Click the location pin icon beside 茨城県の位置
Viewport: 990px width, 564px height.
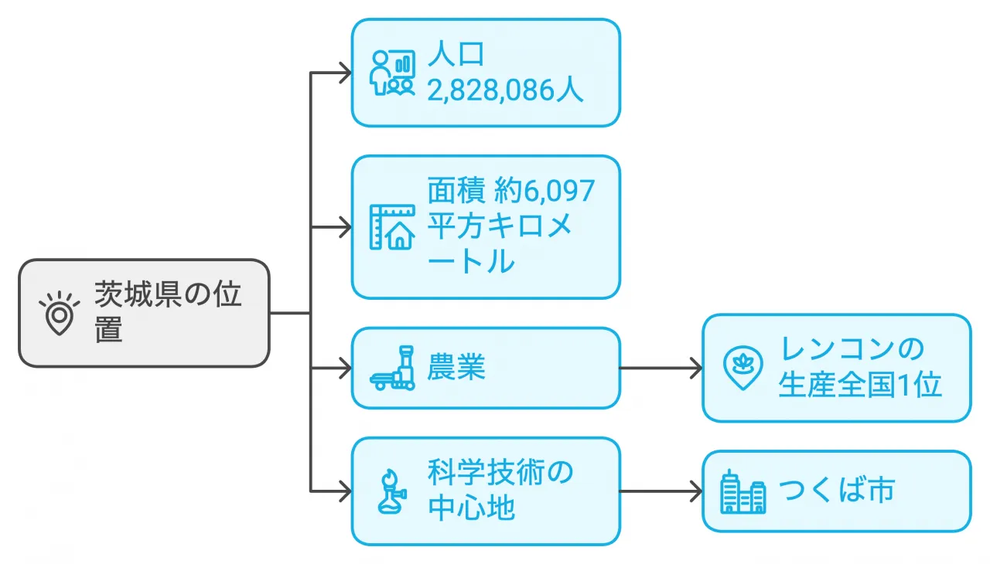60,313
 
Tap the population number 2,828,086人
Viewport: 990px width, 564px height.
505,90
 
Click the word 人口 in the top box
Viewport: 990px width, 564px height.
456,56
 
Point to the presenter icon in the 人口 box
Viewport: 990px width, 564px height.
392,73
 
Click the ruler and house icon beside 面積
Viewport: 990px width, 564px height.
392,227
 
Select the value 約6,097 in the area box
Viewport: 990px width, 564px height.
544,190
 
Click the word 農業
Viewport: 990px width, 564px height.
456,368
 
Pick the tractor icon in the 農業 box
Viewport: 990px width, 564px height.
393,369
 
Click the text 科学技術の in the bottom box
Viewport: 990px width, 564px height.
500,472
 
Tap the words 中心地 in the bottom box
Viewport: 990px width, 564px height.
471,508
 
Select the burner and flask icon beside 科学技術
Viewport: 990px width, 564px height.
392,491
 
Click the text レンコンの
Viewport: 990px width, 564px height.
852,349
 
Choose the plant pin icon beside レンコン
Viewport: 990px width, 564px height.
742,368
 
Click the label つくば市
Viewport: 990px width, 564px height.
836,491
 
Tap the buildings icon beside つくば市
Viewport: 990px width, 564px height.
742,491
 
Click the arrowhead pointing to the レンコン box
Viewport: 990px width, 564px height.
695,368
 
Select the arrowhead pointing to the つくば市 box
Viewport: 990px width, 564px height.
695,491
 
